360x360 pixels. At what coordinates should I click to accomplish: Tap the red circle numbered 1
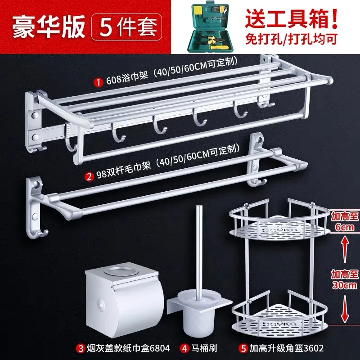(x=98, y=82)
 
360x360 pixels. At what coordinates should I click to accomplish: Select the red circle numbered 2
(x=89, y=176)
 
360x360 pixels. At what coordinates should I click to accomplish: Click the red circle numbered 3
(x=81, y=348)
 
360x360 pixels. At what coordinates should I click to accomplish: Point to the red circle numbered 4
(x=184, y=348)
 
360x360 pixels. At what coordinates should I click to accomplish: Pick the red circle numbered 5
(x=243, y=348)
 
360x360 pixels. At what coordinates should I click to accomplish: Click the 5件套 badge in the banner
(x=126, y=27)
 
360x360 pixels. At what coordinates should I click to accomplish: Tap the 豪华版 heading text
(x=49, y=27)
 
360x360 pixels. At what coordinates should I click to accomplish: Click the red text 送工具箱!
(x=291, y=18)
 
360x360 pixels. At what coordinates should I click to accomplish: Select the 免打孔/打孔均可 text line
(x=291, y=39)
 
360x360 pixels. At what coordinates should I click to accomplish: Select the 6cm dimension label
(x=344, y=227)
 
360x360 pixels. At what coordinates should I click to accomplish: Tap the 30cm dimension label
(x=344, y=285)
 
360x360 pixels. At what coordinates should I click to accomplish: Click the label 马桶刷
(x=204, y=348)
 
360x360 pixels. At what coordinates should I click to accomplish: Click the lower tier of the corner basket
(x=279, y=317)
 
